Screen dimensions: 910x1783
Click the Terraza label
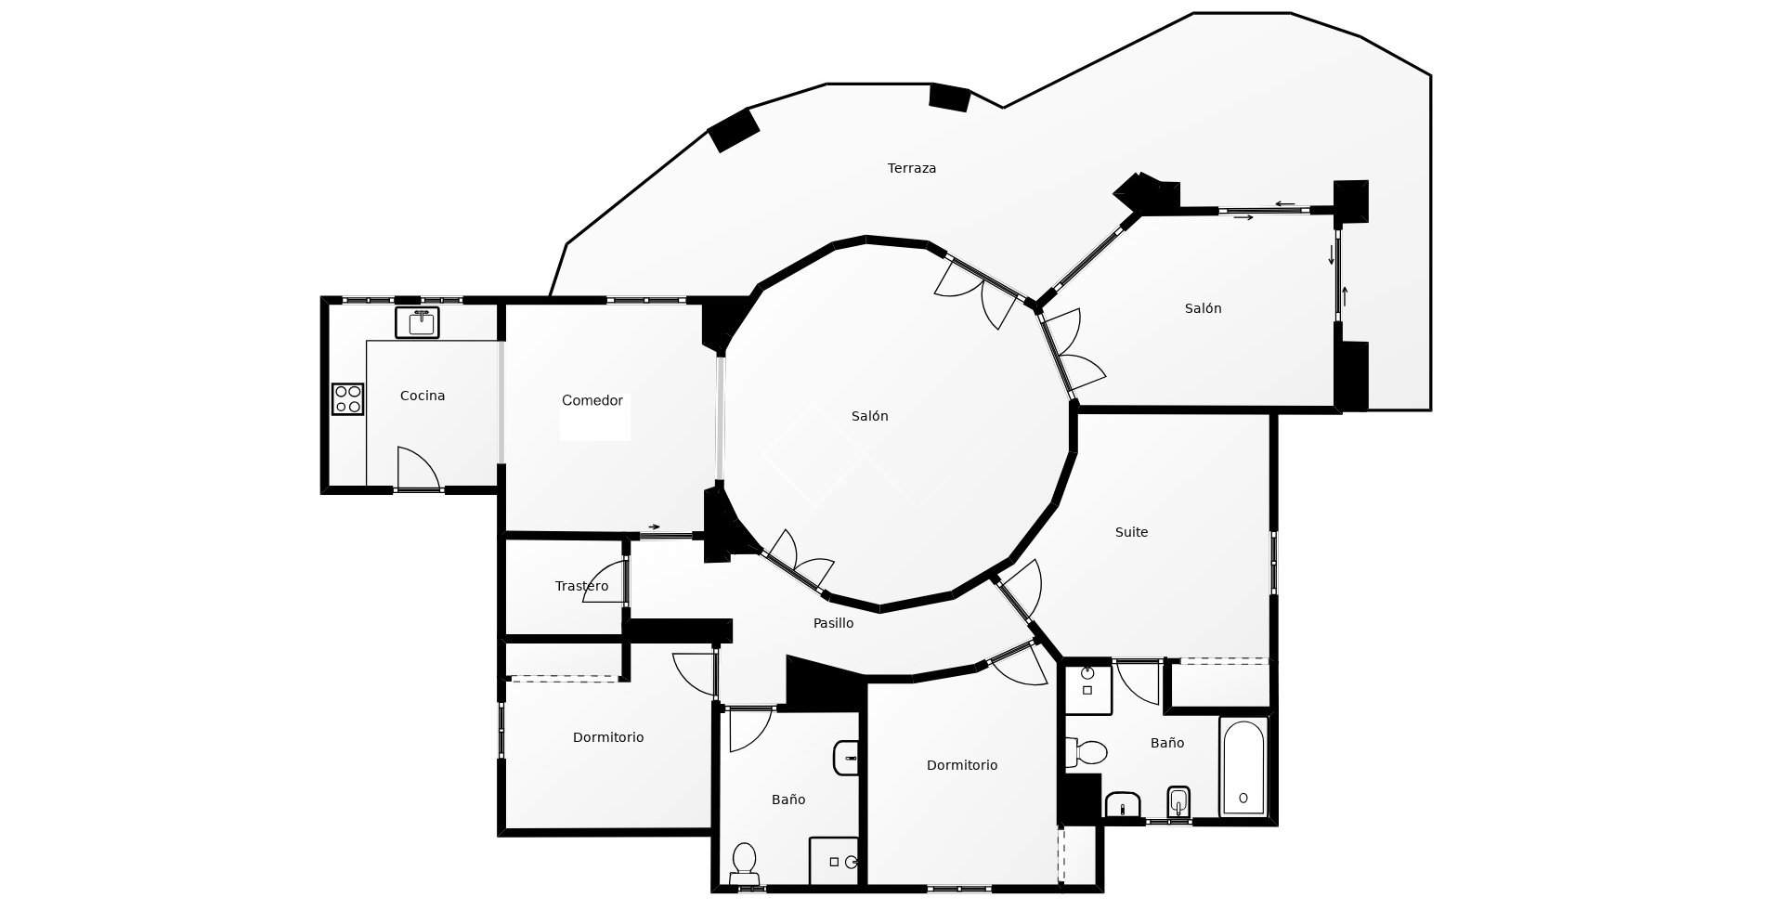(x=911, y=168)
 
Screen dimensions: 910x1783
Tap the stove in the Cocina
(x=348, y=399)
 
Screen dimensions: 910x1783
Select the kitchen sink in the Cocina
(x=417, y=322)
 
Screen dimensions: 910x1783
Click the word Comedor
(x=592, y=400)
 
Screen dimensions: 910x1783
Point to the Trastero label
(x=581, y=586)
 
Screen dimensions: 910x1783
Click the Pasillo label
(x=833, y=623)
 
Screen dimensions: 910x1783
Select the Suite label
(x=1131, y=532)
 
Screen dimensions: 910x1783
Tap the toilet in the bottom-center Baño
(x=744, y=861)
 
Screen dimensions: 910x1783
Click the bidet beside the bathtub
(x=1178, y=802)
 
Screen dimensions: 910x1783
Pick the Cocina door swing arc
(x=419, y=464)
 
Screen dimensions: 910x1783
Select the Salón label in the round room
(x=869, y=416)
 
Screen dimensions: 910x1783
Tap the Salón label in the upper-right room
(x=1203, y=308)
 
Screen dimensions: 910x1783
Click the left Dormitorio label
(x=608, y=737)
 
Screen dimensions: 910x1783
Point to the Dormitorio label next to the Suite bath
(x=961, y=765)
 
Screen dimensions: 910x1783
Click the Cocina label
(x=423, y=396)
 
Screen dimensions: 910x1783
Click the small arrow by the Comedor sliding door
(x=654, y=526)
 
